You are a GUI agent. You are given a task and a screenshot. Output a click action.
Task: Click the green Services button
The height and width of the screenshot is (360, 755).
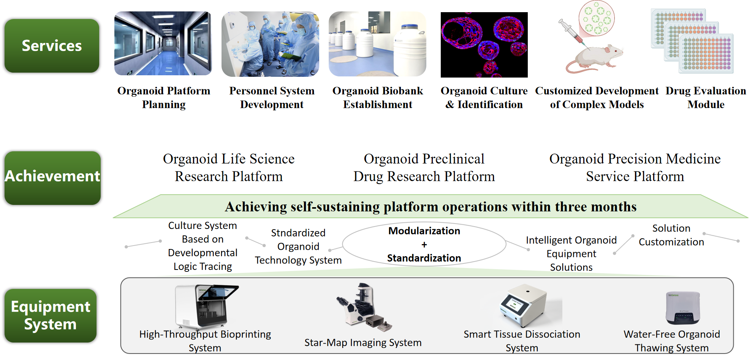point(52,46)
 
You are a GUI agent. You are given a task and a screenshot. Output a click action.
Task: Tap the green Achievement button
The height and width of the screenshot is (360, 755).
point(52,178)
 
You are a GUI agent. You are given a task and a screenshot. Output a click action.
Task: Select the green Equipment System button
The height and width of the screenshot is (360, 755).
point(51,316)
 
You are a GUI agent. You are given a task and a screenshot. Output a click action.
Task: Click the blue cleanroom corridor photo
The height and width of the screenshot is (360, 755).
point(163,43)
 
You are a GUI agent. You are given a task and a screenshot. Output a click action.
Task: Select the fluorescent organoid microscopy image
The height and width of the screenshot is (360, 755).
point(484,45)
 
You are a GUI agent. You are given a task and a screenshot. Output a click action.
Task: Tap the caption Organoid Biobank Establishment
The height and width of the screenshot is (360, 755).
point(378,97)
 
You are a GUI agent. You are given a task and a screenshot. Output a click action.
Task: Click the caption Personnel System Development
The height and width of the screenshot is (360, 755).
point(272,97)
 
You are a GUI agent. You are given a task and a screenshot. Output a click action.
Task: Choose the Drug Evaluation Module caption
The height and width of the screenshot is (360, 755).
point(706,97)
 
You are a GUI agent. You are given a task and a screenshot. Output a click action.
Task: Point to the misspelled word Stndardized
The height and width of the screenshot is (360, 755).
point(298,233)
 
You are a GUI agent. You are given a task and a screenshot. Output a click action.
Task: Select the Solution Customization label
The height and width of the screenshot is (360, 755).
point(671,235)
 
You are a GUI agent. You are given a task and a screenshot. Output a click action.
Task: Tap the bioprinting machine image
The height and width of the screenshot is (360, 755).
point(206,306)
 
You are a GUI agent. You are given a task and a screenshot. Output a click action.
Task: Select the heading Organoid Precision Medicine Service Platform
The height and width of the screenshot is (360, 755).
point(635,168)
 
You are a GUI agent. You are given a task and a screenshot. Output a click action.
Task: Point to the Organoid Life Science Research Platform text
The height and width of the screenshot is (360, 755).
point(229,168)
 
